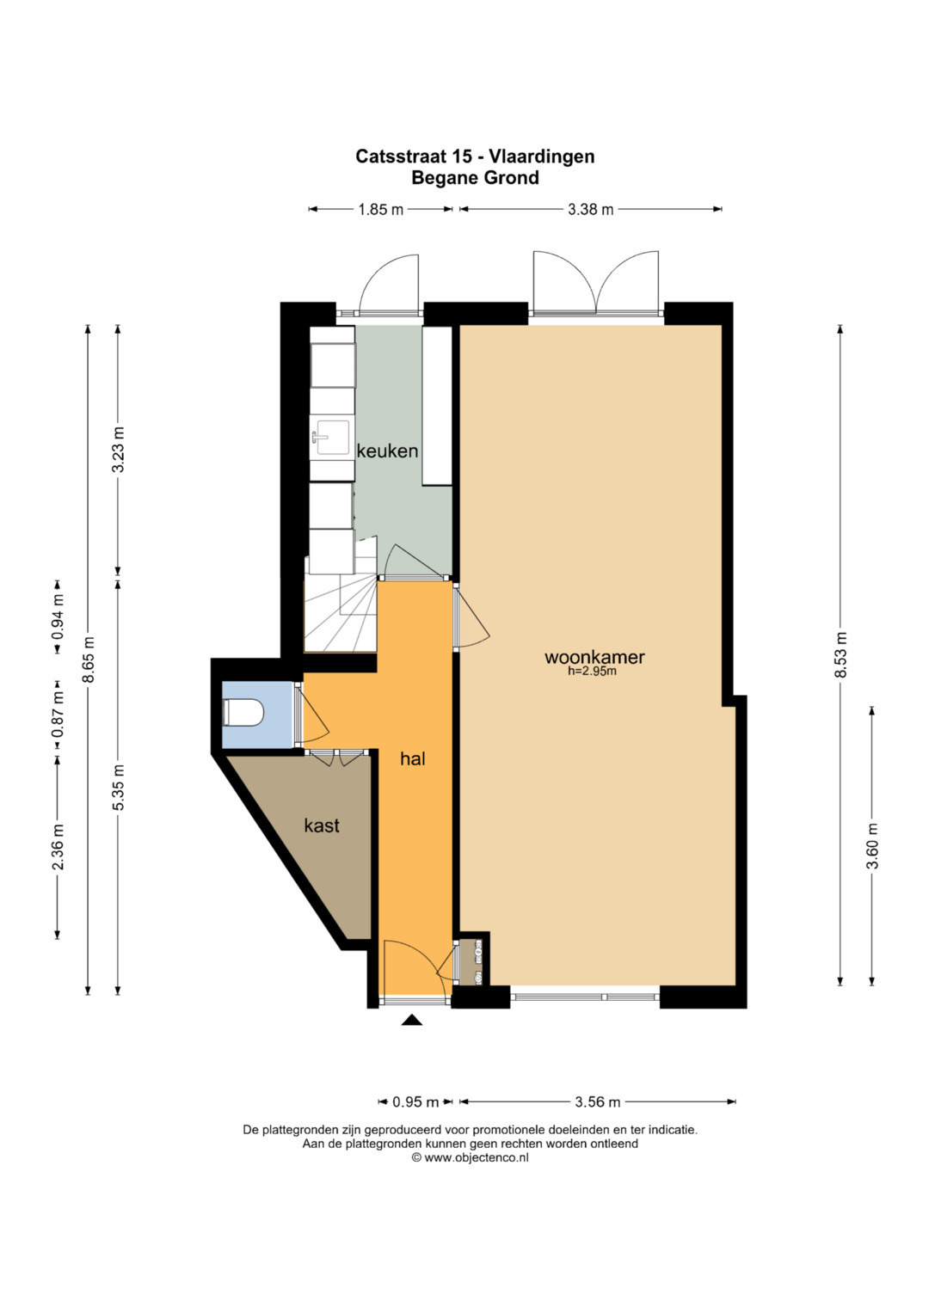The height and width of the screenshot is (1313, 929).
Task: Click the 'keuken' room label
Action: pyautogui.click(x=388, y=451)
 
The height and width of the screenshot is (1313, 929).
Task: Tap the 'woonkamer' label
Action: pyautogui.click(x=594, y=657)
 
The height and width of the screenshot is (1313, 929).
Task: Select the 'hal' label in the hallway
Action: pyautogui.click(x=412, y=759)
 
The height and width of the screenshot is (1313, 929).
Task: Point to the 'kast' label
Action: pyautogui.click(x=322, y=825)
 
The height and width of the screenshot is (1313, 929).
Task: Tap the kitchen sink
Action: pyautogui.click(x=331, y=438)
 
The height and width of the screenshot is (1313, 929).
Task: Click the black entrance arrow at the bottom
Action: pyautogui.click(x=412, y=1021)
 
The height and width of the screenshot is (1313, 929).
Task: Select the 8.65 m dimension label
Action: pyautogui.click(x=88, y=660)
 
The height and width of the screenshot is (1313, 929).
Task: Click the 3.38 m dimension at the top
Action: pyautogui.click(x=591, y=209)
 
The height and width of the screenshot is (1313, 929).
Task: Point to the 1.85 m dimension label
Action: pyautogui.click(x=381, y=209)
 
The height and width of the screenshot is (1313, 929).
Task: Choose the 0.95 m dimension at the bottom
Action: pyautogui.click(x=415, y=1102)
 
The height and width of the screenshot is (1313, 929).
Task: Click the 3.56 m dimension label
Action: pyautogui.click(x=598, y=1102)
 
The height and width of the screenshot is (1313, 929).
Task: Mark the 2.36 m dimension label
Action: pyautogui.click(x=58, y=847)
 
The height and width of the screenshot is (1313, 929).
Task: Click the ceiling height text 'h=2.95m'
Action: pyautogui.click(x=592, y=672)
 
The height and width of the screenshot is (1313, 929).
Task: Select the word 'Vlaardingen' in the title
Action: pyautogui.click(x=543, y=156)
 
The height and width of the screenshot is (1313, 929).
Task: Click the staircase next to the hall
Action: pyautogui.click(x=340, y=612)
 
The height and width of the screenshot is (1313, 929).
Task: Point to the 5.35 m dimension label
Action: pyautogui.click(x=119, y=788)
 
